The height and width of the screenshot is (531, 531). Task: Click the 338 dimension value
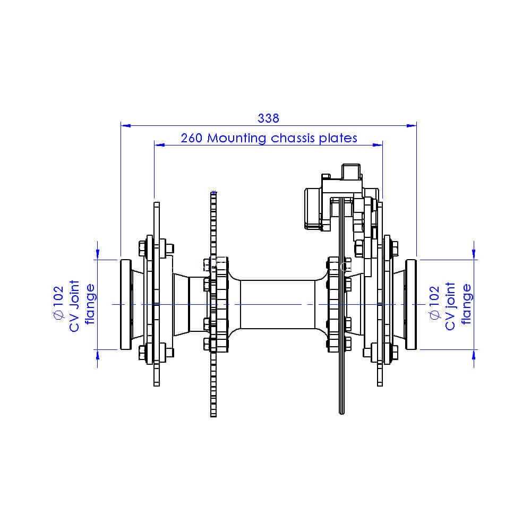[268, 118]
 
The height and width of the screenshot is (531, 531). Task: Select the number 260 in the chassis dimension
[191, 138]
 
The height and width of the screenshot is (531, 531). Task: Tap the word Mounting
[236, 139]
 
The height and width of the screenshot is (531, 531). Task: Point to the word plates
[338, 139]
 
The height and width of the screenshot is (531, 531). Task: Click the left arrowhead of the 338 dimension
[126, 126]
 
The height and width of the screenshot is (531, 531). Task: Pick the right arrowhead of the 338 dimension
[412, 126]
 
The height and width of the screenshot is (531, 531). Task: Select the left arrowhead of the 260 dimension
[159, 145]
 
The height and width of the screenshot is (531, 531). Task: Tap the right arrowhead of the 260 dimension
[378, 145]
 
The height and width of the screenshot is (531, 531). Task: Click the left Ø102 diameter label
[58, 303]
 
